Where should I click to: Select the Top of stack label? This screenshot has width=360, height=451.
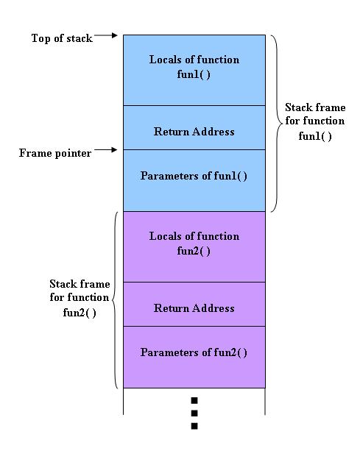coord(62,38)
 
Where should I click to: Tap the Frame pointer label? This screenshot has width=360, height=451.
coord(55,153)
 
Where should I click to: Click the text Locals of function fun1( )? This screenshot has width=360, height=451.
coord(194,66)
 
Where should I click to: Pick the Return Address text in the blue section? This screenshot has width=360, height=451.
coord(194,132)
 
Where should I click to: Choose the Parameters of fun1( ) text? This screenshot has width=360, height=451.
coord(194,176)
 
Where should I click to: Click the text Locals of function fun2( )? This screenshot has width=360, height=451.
coord(194,243)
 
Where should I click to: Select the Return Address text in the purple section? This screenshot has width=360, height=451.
coord(194,308)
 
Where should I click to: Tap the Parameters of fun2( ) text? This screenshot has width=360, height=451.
coord(194,352)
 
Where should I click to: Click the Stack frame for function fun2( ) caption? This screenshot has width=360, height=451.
coord(80,297)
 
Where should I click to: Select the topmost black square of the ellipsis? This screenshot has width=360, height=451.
coord(194,401)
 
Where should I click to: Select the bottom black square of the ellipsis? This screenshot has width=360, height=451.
coord(194,426)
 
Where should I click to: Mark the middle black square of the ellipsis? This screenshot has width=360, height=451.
coord(194,413)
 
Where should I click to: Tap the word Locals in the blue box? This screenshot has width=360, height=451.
coord(166,60)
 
